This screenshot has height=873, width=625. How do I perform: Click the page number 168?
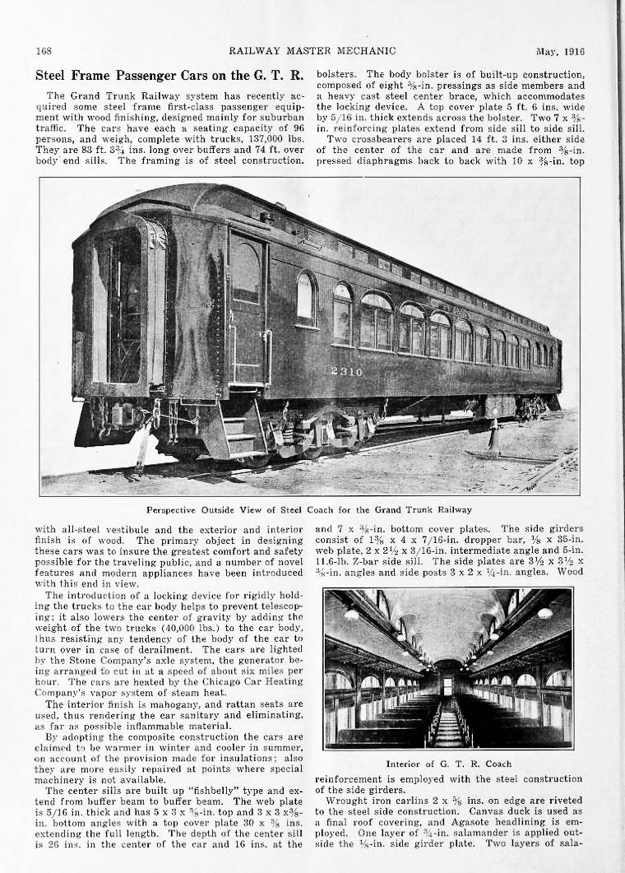[x=44, y=51]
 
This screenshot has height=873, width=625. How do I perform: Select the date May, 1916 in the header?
[x=559, y=51]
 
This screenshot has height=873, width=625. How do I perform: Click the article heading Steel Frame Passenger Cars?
[x=169, y=76]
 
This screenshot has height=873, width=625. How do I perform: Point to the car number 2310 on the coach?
[x=346, y=371]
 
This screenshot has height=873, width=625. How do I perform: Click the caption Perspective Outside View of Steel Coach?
[x=309, y=509]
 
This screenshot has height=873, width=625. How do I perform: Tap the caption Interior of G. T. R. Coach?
[x=448, y=764]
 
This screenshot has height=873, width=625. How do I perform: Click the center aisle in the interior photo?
[x=447, y=725]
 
